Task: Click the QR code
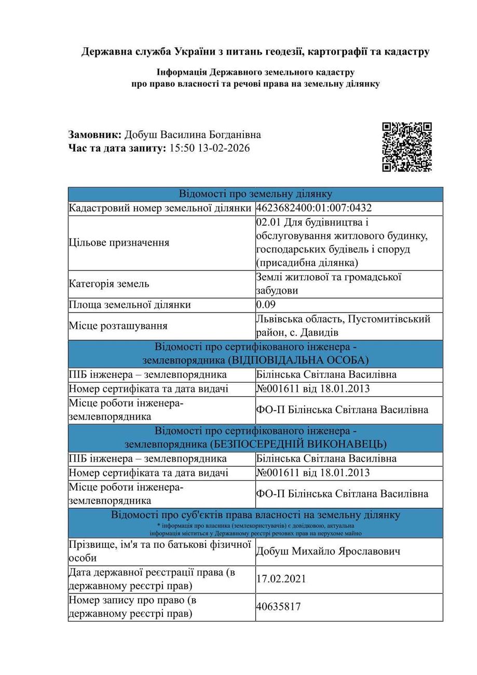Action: pos(407,147)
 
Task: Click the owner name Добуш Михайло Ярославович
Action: pos(328,551)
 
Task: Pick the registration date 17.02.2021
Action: pos(281,579)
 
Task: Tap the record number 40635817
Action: pos(278,607)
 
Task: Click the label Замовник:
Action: pos(95,135)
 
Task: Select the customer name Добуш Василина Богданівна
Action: pos(193,135)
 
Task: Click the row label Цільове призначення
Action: pos(119,243)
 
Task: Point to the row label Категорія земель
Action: pos(109,284)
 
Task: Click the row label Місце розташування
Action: pos(118,326)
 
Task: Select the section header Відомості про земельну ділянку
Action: pos(255,194)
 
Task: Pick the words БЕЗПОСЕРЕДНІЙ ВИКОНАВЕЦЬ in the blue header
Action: pos(298,444)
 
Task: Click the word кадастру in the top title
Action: pos(408,52)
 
